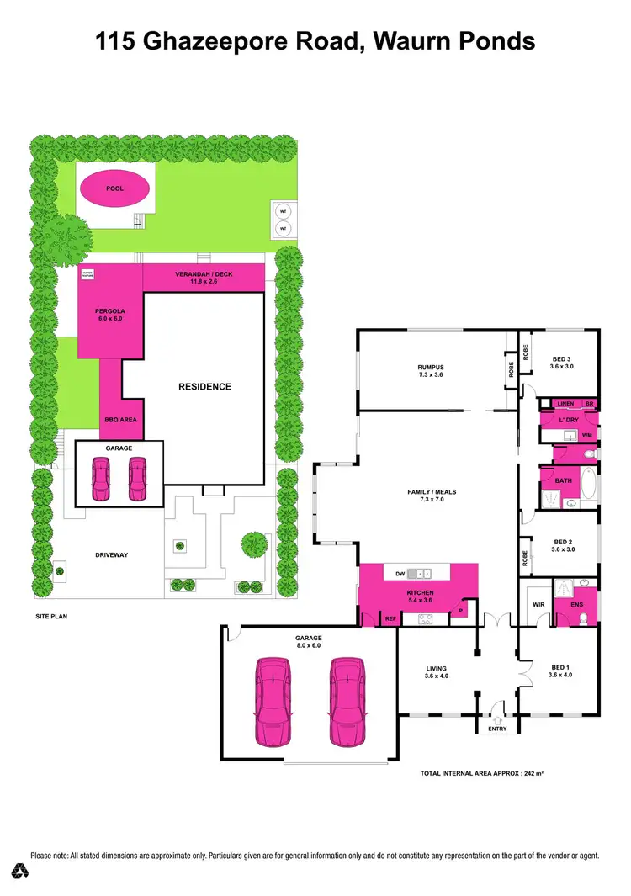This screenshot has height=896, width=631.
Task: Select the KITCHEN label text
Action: click(418, 593)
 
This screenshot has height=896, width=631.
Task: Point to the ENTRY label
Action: click(497, 729)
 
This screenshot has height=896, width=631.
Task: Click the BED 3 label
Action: click(560, 356)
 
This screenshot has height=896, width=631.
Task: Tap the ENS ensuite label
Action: click(576, 604)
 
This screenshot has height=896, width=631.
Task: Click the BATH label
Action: click(563, 480)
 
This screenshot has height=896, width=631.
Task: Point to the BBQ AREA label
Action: click(120, 418)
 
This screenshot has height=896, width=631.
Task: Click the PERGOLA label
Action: click(109, 310)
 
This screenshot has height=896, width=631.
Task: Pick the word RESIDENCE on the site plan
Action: click(204, 387)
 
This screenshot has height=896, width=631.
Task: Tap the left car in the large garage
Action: click(273, 702)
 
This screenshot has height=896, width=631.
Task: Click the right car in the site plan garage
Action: click(137, 479)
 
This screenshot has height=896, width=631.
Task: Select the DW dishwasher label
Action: click(400, 574)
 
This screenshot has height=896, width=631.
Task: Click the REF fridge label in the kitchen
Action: click(390, 618)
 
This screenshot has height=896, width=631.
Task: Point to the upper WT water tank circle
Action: click(284, 213)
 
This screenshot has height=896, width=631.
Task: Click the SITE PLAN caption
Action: click(50, 616)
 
